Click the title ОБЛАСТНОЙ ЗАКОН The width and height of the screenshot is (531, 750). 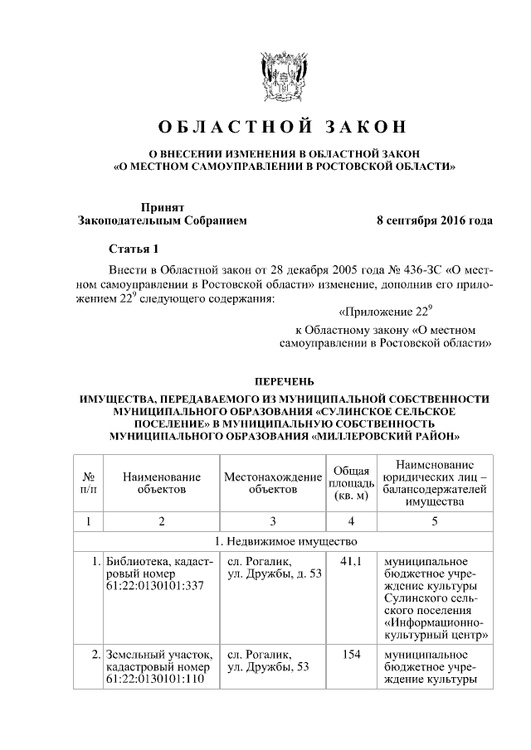point(283,127)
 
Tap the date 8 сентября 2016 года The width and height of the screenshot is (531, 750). point(434,220)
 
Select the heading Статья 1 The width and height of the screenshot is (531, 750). point(134,249)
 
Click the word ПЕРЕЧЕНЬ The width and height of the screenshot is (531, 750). point(284,381)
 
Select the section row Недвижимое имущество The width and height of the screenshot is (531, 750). point(283,542)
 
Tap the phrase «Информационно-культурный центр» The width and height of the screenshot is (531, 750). point(434,629)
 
